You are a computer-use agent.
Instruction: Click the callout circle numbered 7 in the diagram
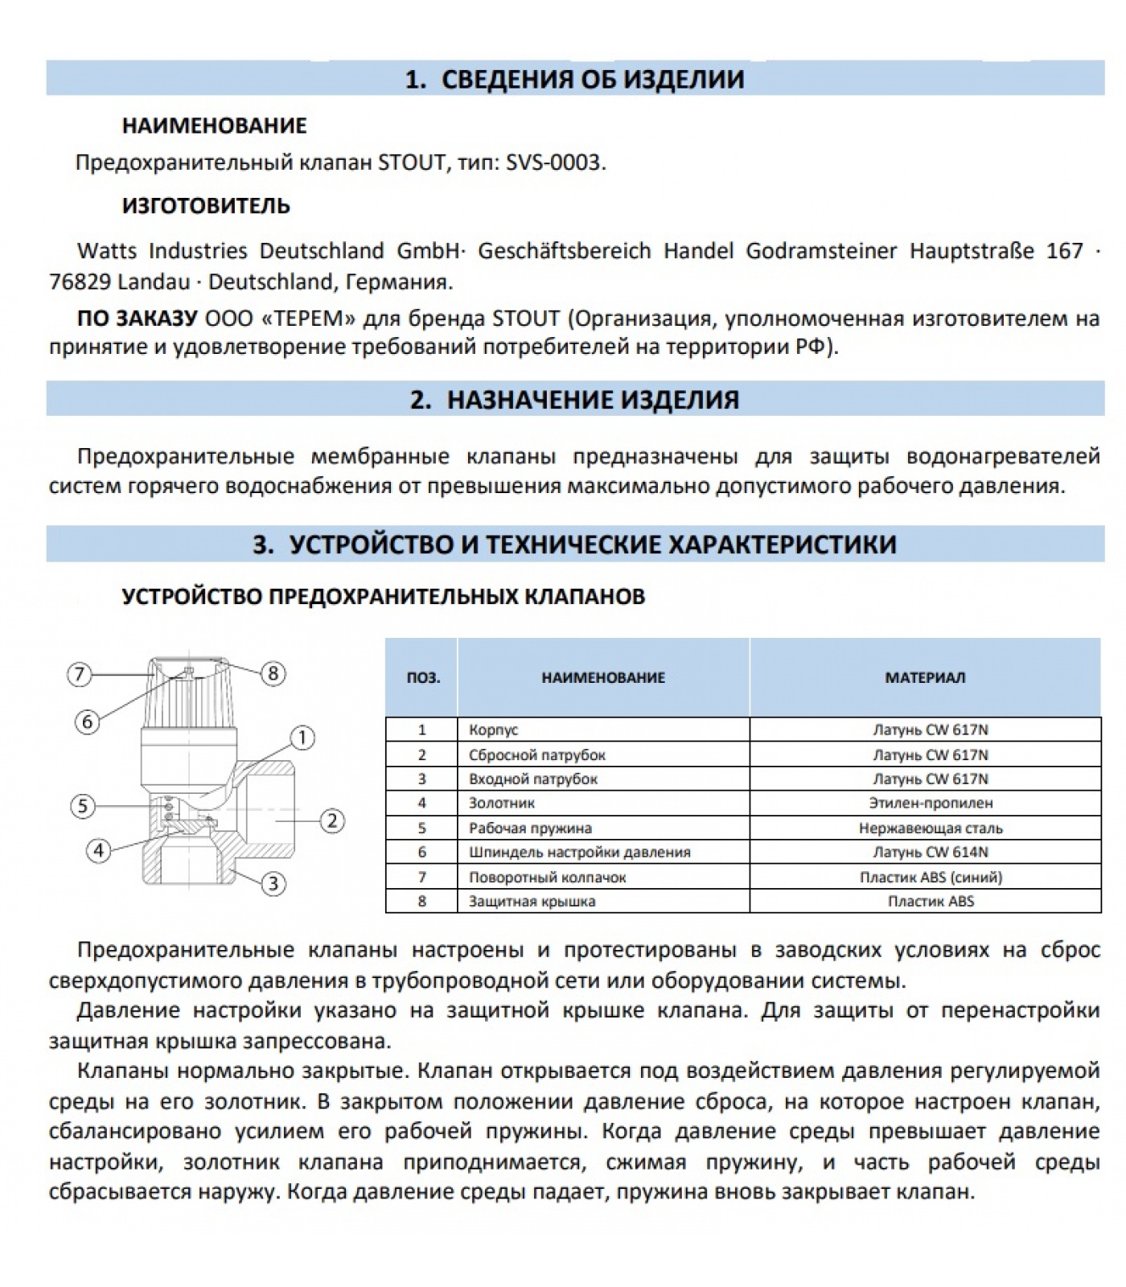coord(79,673)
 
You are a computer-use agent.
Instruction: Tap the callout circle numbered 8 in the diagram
coord(273,673)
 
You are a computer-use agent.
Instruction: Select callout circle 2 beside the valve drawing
coord(331,820)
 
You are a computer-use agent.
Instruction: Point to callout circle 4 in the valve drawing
coord(99,850)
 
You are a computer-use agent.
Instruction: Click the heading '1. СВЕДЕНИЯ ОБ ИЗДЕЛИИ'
coord(575,79)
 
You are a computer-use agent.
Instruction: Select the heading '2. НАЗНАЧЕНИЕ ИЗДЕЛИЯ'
coord(575,400)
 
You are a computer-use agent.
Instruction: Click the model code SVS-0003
coord(553,163)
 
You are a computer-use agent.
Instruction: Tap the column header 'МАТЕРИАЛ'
coord(925,677)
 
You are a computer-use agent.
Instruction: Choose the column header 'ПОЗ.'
coord(423,677)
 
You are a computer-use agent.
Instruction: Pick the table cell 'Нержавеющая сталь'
coord(931,828)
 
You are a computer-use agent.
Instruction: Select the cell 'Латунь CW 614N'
coord(931,852)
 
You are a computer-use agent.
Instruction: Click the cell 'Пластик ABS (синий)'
coord(931,877)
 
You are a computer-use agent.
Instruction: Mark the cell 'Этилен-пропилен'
coord(931,803)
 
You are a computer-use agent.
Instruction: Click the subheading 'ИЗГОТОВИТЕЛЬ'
coord(206,206)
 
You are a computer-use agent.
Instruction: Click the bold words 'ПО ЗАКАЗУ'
coord(137,319)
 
